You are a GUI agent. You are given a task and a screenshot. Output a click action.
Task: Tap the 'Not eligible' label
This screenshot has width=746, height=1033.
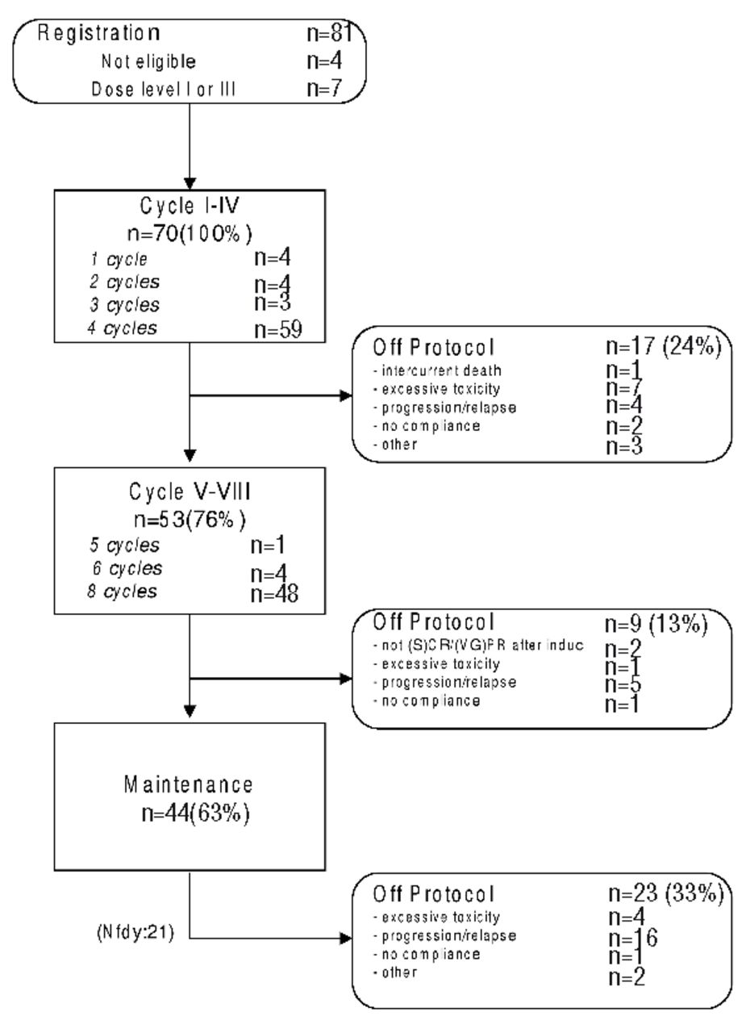[x=148, y=61]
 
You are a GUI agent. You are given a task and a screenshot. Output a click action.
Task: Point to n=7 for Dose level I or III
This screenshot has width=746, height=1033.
[x=327, y=89]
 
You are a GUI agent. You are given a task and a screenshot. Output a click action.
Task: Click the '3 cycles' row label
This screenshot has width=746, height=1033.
[x=124, y=306]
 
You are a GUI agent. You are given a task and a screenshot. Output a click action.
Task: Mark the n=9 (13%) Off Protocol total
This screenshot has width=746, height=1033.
[x=656, y=622]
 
